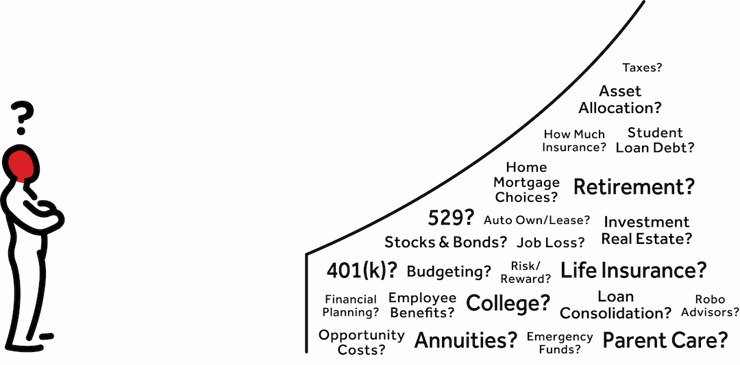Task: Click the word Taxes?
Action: point(642,68)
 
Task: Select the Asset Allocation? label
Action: point(620,99)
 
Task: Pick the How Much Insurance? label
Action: point(574,140)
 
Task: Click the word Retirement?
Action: point(634,187)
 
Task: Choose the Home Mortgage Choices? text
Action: point(526,182)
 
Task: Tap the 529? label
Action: point(451,218)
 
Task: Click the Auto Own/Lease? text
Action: point(536,220)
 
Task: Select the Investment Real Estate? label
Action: point(647,231)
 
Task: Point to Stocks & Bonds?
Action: point(445,242)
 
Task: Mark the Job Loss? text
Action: point(551,242)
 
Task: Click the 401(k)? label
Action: point(362,270)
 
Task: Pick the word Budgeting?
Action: point(449,271)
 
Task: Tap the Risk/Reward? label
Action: point(526,273)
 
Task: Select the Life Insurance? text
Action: point(633,270)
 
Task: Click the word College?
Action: point(508,303)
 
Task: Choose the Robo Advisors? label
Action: point(710,305)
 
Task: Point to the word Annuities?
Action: point(466,340)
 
